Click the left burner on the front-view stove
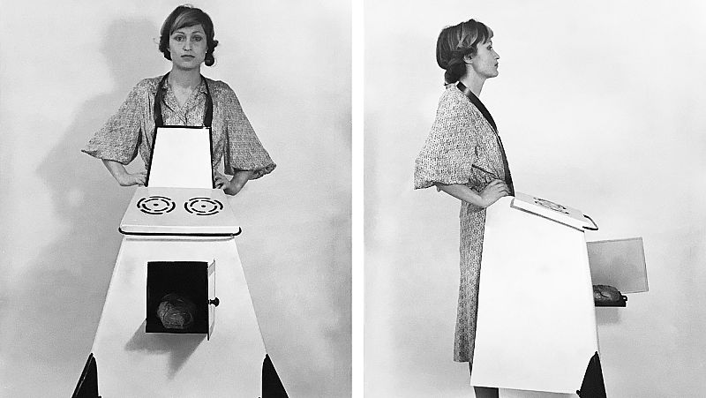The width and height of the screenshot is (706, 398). [155, 206]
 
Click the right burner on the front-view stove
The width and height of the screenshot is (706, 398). [204, 206]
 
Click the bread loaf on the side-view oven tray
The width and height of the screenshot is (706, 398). [607, 294]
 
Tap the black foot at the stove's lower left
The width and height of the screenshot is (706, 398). [86, 378]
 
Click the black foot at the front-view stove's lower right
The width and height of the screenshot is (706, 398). [273, 378]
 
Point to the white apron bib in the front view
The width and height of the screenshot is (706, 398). [180, 156]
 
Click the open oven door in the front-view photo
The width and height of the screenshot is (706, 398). [211, 298]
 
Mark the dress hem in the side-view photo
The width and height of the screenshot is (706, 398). [464, 353]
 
